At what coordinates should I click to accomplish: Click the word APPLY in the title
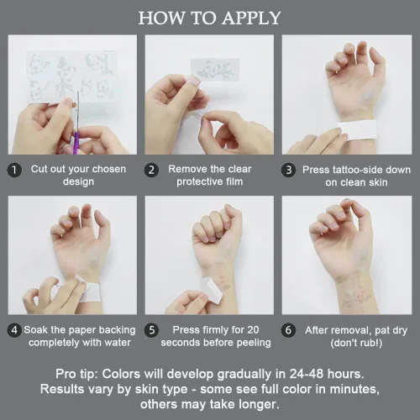point(251,18)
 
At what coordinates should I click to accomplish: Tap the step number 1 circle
point(14,171)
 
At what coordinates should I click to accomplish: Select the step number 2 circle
point(151,171)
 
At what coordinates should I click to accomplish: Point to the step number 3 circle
point(288,171)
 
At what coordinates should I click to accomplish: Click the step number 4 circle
point(14,330)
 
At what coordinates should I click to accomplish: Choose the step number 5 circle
point(151,330)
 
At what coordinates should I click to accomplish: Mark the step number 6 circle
point(288,330)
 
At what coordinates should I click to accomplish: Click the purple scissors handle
point(76,144)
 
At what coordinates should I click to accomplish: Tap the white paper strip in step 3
point(356,130)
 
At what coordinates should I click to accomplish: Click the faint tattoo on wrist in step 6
point(356,297)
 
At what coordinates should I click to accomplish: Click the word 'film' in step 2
point(234,181)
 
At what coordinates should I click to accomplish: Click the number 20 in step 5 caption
point(253,330)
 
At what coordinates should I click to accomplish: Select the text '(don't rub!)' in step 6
point(356,343)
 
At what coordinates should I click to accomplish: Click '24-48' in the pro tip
point(307,374)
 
